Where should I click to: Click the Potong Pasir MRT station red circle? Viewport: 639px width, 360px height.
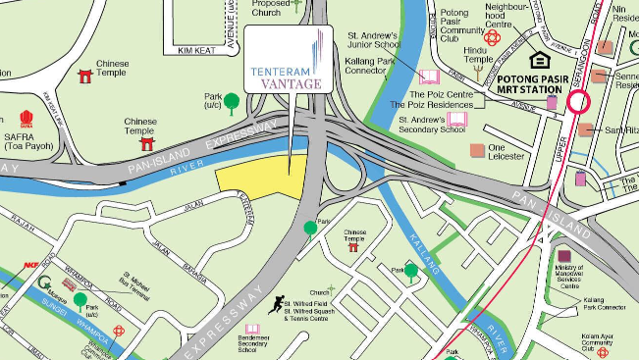[x=577, y=100]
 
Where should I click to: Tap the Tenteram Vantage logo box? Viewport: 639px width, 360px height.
[x=289, y=61]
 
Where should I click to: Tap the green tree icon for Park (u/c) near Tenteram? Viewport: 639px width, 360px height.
[x=232, y=100]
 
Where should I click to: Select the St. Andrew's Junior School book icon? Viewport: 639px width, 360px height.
[x=428, y=77]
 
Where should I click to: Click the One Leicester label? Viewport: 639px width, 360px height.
[x=507, y=152]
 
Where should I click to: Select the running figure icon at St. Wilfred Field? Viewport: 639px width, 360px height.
[x=280, y=303]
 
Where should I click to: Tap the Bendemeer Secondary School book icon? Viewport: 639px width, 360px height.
[x=252, y=329]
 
